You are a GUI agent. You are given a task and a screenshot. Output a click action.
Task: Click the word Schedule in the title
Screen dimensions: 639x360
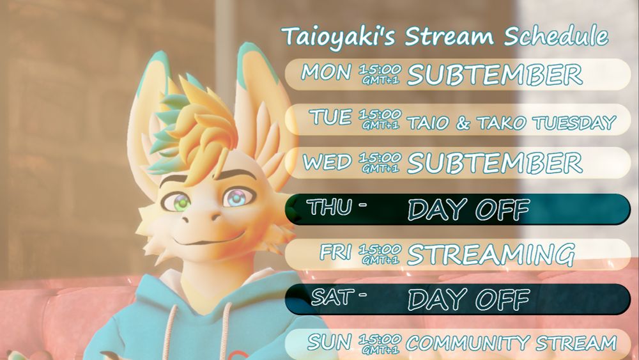(556, 35)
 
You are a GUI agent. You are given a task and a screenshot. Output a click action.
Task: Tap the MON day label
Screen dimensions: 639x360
(326, 72)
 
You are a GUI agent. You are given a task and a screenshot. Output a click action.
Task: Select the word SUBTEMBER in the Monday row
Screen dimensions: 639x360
(495, 75)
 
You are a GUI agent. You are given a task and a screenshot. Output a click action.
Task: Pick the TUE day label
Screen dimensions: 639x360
(330, 118)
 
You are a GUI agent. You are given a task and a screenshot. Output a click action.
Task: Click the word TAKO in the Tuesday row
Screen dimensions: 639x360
(501, 123)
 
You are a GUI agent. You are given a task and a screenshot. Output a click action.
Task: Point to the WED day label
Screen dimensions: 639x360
(327, 162)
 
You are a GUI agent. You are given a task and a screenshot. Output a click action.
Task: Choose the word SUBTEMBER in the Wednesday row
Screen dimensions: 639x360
(495, 162)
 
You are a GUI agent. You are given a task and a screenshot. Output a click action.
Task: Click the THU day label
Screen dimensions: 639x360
(329, 207)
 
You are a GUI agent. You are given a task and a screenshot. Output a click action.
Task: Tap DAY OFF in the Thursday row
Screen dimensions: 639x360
(468, 210)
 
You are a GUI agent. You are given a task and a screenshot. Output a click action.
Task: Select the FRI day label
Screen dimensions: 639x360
(335, 252)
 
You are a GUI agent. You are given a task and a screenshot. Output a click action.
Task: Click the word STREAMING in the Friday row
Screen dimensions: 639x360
(491, 254)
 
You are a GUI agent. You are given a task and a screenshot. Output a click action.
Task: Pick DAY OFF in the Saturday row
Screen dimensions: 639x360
(468, 299)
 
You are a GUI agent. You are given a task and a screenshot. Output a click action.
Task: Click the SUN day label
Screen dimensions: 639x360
(329, 341)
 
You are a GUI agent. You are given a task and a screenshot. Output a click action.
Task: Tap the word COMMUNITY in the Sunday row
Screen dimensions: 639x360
(468, 343)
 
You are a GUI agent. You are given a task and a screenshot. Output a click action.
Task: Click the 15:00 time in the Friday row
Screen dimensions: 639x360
(380, 249)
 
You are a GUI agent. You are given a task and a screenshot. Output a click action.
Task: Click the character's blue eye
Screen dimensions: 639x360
(238, 197)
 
